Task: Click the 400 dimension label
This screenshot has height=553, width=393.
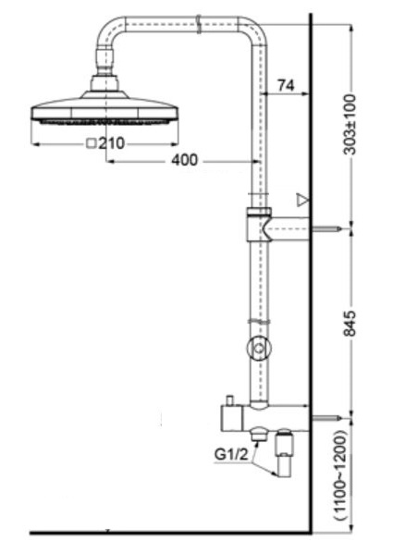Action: pyautogui.click(x=185, y=161)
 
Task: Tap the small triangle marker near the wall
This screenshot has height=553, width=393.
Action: pyautogui.click(x=301, y=199)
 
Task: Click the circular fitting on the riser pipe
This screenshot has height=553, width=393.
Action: pyautogui.click(x=259, y=349)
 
